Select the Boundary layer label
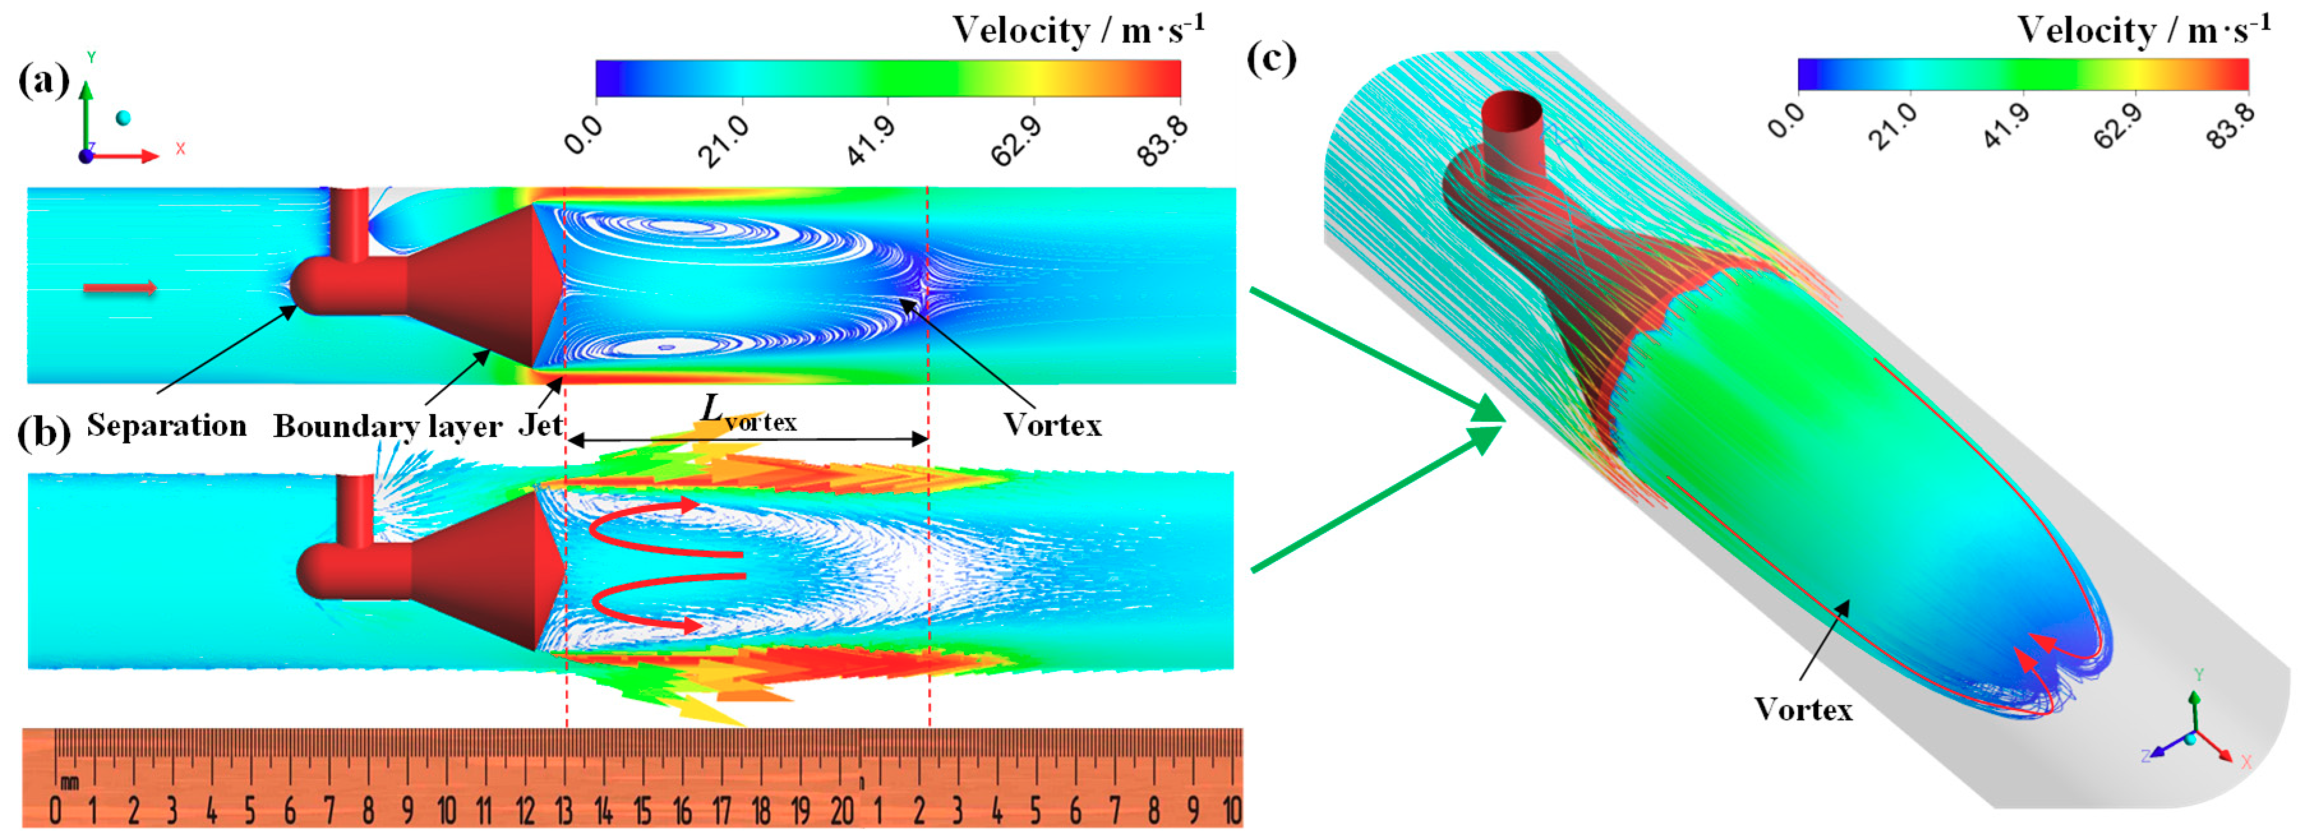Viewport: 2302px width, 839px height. click(x=388, y=426)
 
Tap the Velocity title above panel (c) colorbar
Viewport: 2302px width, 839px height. click(x=2143, y=31)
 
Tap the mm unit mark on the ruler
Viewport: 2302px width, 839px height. click(x=69, y=783)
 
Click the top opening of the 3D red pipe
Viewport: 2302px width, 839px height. click(x=1511, y=109)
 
